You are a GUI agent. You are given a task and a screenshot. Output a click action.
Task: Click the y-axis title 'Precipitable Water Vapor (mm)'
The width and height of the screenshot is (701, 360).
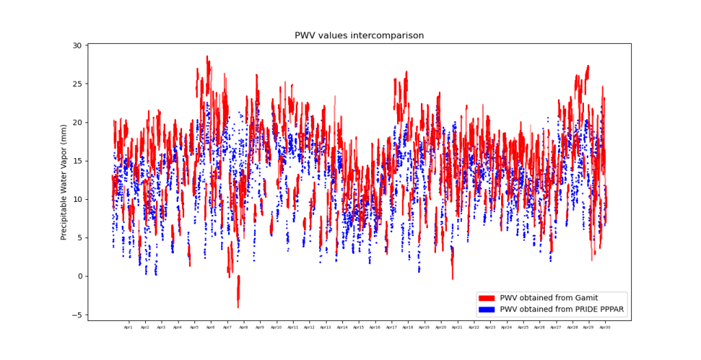tap(64, 181)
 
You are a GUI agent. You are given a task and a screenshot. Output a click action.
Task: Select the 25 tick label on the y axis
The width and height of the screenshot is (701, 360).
tap(77, 84)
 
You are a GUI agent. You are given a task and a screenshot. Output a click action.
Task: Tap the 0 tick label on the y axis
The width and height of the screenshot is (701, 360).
tap(79, 277)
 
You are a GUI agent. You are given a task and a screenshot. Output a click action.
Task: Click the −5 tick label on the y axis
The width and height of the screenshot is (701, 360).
tap(77, 315)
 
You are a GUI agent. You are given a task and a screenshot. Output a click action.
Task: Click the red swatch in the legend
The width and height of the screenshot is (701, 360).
tap(487, 298)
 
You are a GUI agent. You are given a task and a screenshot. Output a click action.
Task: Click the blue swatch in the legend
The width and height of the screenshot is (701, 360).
tap(487, 309)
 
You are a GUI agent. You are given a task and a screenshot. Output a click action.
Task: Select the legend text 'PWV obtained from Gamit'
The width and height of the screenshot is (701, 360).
tap(549, 298)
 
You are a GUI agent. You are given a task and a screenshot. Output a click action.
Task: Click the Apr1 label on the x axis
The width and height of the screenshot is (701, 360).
tap(128, 328)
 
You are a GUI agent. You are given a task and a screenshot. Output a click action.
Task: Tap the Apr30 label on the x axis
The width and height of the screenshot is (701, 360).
tap(605, 328)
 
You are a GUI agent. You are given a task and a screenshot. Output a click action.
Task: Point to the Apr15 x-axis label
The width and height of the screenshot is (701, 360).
tap(359, 328)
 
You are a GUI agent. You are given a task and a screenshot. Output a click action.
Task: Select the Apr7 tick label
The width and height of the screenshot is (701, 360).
tap(227, 328)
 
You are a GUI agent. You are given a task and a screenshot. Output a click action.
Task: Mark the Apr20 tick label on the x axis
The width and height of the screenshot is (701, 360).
tap(441, 328)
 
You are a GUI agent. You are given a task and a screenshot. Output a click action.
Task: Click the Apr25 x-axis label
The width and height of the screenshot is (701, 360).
tap(523, 328)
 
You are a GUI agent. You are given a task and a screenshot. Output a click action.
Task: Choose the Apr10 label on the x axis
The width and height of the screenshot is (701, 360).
tap(276, 328)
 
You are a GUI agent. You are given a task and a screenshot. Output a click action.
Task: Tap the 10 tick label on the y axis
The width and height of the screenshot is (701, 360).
tap(77, 199)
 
